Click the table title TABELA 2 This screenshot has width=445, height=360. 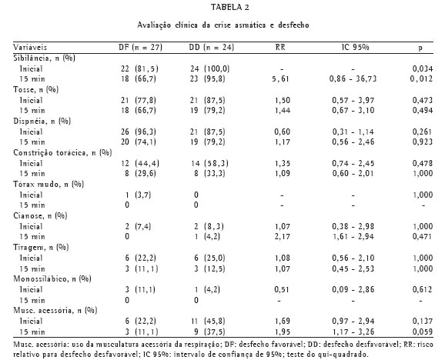[x=230, y=8]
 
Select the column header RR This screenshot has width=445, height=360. [x=280, y=47]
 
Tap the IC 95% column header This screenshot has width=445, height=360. [x=356, y=47]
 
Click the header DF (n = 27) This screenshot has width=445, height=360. [x=140, y=48]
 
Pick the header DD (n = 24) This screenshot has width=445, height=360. [x=212, y=48]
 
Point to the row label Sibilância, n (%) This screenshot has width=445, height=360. [x=45, y=58]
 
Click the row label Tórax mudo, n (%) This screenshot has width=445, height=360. [x=49, y=185]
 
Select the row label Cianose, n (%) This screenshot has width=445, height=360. [x=40, y=216]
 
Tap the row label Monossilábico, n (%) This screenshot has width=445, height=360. [x=52, y=279]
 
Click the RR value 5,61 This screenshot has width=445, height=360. [x=280, y=78]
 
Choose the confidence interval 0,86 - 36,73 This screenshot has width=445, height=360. [x=353, y=78]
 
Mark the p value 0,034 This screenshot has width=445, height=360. [x=423, y=68]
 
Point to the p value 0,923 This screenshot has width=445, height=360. [x=423, y=142]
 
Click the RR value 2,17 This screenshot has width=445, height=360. [x=283, y=236]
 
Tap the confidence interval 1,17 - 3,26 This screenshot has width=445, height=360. [x=353, y=332]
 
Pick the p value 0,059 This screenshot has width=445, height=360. [x=423, y=332]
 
